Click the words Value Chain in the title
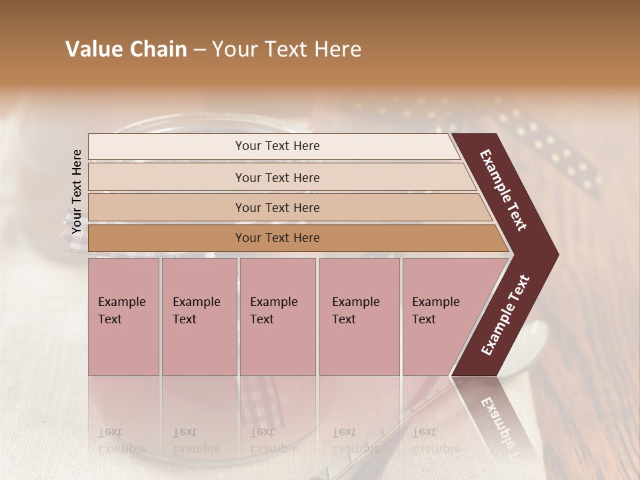126,49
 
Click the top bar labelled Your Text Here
277,146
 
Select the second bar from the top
277,178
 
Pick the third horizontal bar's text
277,208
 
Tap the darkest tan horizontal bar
277,238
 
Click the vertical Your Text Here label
77,191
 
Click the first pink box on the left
123,316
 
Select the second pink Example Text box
199,316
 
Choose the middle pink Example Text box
277,316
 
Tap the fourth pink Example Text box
359,316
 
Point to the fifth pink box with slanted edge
440,316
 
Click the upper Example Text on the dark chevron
503,190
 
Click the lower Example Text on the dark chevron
505,315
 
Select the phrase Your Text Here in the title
287,49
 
